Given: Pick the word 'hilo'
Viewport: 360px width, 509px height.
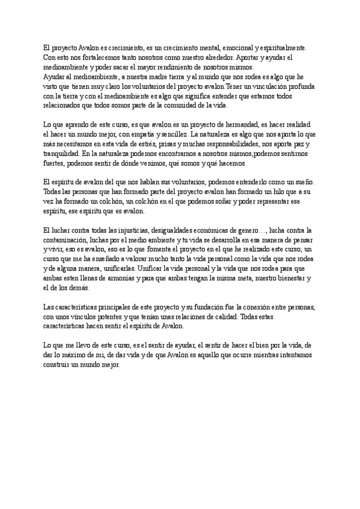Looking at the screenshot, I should click(284, 191).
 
